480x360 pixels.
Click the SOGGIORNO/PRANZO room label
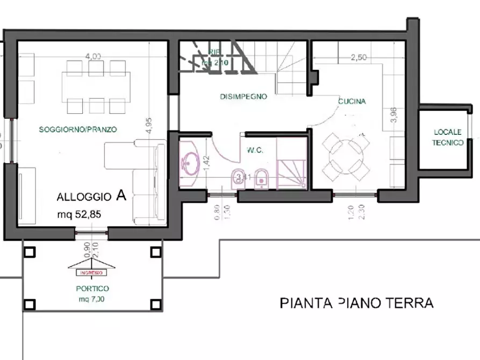pos(78,129)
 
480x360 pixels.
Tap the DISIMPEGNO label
pos(243,97)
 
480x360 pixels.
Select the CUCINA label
pos(352,101)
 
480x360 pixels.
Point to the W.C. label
pos(255,150)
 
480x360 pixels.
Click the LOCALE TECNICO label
pos(449,138)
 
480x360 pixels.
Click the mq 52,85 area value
pos(79,214)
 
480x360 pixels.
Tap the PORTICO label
pos(92,289)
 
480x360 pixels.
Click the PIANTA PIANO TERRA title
pos(356,304)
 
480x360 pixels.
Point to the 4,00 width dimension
pos(93,56)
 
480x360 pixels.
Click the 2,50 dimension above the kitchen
pos(359,57)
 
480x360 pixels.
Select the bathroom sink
pos(190,161)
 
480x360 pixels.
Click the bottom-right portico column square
pos(155,305)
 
